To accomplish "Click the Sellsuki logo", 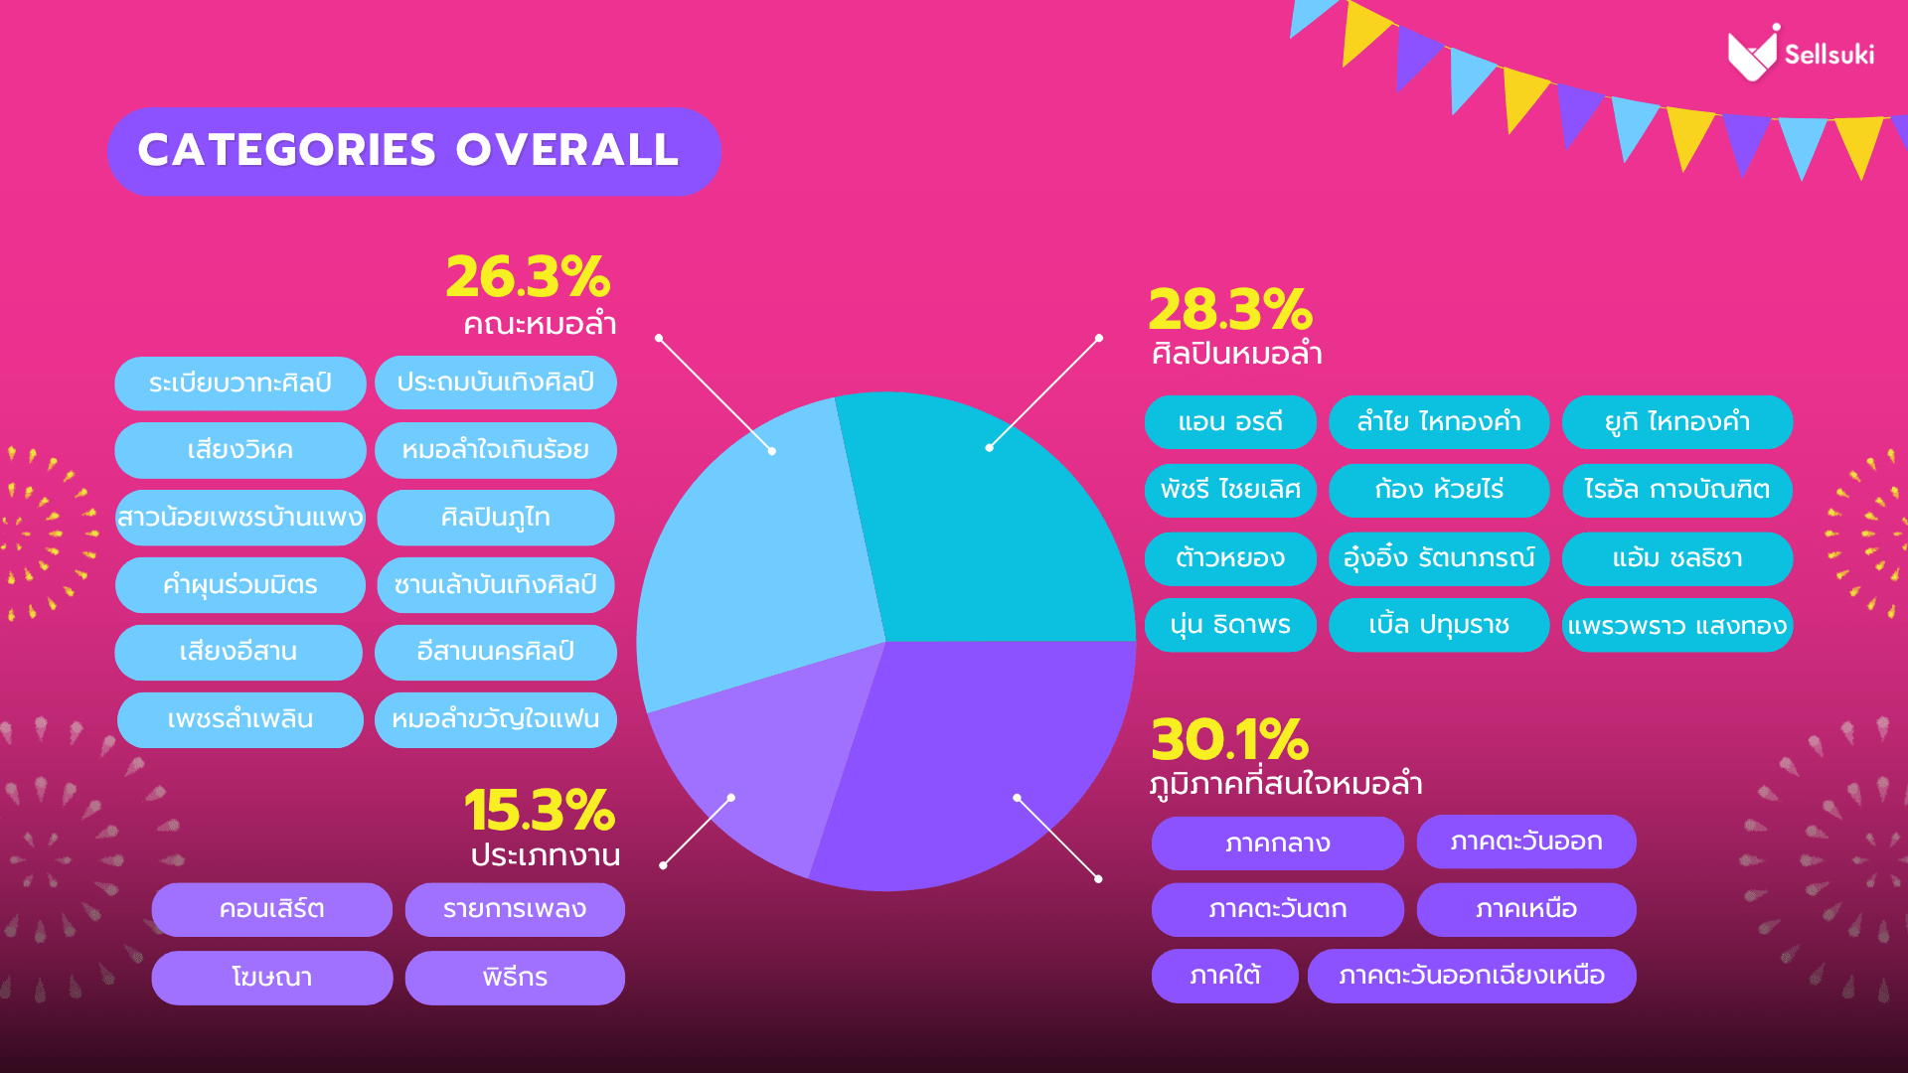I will coord(1800,54).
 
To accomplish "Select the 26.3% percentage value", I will coord(528,277).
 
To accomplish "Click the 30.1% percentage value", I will coord(1229,740).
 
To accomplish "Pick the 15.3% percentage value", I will coord(540,811).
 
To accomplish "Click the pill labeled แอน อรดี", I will coord(1230,422).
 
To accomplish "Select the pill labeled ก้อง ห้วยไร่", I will coord(1438,490).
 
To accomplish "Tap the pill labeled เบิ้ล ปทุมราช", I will coord(1438,625).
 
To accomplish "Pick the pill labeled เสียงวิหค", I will coord(239,450).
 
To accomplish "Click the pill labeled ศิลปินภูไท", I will coord(495,518).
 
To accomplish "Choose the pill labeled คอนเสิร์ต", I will coord(271,909).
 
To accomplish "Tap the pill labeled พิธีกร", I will coord(515,978).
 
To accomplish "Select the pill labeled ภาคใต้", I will coord(1224,976).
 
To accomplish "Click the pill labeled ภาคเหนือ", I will coord(1525,909).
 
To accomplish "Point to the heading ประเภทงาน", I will coord(545,855).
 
